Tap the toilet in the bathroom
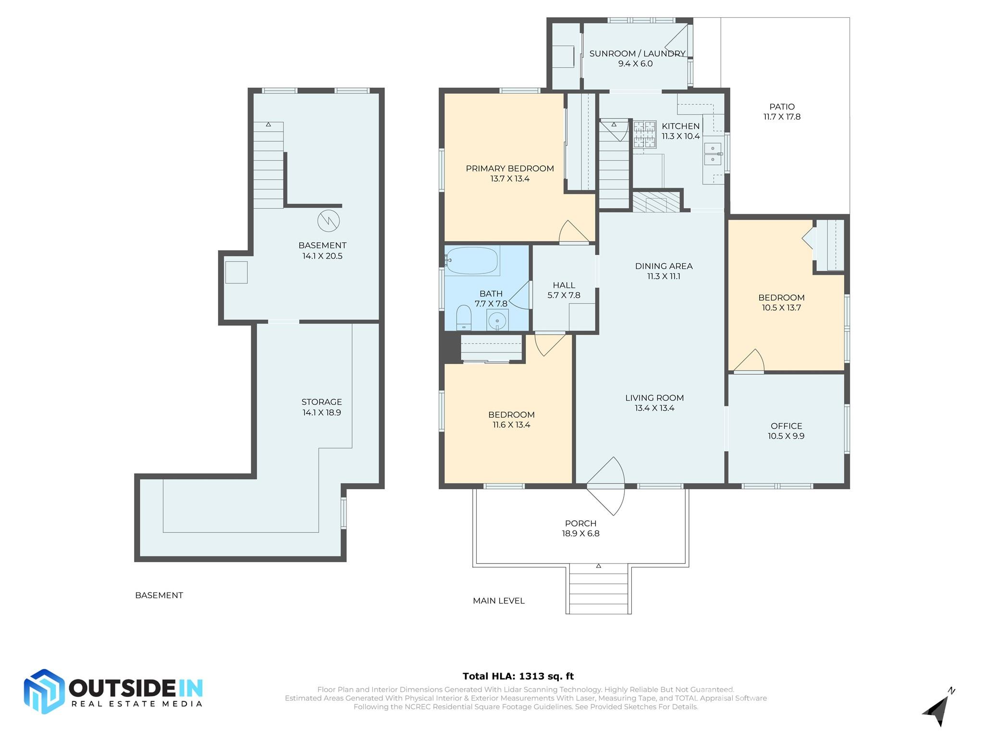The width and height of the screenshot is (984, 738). pos(464,318)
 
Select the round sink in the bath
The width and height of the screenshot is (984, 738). pos(497,320)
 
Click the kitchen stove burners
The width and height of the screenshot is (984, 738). pos(644,135)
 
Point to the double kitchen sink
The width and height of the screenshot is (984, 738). pos(713,153)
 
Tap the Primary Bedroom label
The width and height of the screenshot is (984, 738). pos(510,169)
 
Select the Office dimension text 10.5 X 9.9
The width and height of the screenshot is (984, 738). pos(786,436)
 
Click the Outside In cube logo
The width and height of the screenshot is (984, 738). pos(44,691)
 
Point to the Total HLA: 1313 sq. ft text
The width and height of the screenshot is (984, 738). pos(518,676)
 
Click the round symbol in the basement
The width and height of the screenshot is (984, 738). pos(329,221)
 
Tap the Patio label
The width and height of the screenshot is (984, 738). pos(782,107)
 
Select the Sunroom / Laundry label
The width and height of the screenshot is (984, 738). pos(637,54)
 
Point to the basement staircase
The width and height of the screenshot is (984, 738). pos(268,166)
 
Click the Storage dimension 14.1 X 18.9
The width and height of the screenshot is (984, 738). pos(321,413)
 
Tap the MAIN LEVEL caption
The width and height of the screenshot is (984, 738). pos(498,601)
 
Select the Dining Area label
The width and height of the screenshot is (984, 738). pos(664,266)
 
